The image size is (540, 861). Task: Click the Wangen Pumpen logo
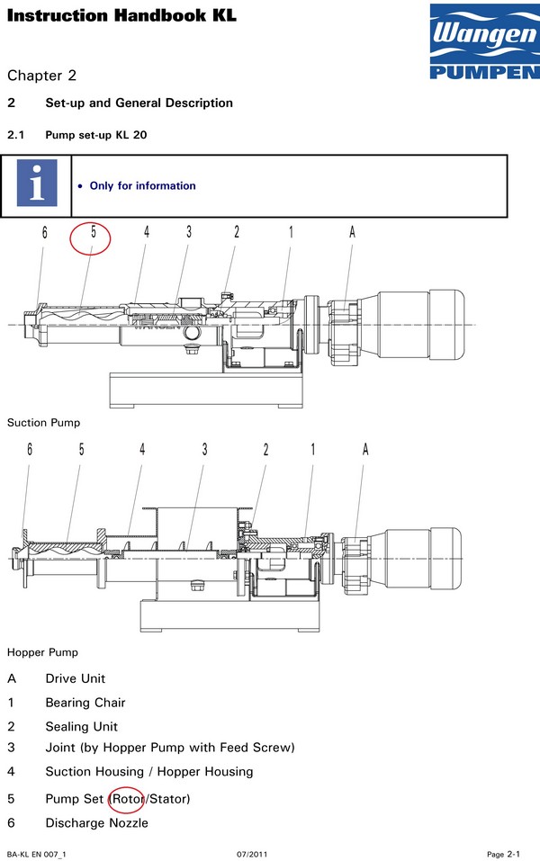tap(483, 42)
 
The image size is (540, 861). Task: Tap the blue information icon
tap(37, 185)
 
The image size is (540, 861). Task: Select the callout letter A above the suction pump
tap(352, 232)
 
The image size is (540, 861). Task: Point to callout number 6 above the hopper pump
tap(30, 449)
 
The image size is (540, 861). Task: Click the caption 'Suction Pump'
tap(43, 422)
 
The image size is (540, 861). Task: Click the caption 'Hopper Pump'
tap(42, 651)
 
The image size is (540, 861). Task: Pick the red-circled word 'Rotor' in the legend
tap(126, 799)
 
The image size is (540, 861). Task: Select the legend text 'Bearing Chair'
tap(85, 703)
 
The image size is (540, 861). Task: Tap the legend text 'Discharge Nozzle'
tap(96, 822)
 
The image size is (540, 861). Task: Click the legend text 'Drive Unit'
tap(76, 678)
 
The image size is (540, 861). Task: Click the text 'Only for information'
tap(142, 186)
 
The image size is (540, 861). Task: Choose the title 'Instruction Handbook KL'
tap(121, 15)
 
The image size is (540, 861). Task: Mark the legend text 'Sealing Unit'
tap(82, 726)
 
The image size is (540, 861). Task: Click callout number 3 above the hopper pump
tap(204, 449)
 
